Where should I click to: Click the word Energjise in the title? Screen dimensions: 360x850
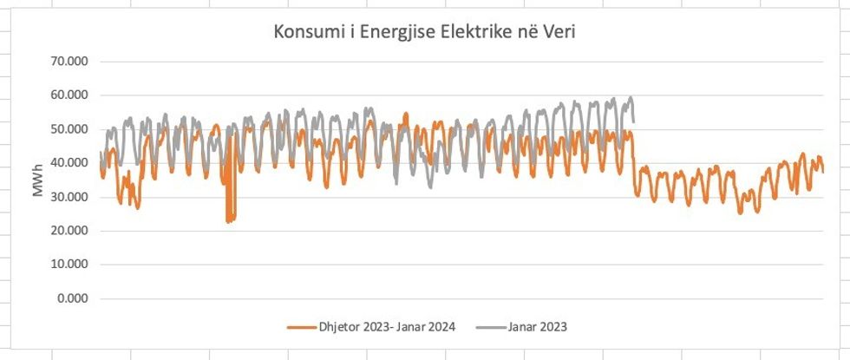tap(391, 33)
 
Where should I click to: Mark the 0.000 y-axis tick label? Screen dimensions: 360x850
tap(76, 298)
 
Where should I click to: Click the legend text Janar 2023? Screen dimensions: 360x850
tap(539, 327)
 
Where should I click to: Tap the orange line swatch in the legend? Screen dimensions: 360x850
tap(301, 327)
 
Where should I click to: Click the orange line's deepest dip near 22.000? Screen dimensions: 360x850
tap(229, 221)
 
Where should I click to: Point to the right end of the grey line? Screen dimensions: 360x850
tap(634, 121)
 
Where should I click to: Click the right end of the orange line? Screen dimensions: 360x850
tap(822, 170)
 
